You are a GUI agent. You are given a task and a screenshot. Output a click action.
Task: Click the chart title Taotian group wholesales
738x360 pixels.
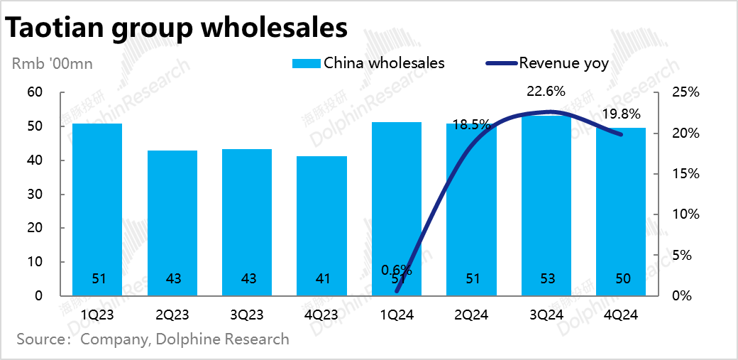(177, 28)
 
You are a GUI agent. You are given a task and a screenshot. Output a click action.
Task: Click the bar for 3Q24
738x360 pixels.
(546, 206)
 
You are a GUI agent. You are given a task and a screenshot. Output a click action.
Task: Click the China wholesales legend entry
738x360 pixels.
(369, 63)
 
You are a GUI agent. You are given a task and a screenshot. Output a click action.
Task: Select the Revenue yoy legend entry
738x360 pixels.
(547, 63)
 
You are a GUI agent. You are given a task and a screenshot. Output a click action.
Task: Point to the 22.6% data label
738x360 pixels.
(546, 91)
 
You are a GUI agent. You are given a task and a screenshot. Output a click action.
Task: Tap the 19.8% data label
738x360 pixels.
(621, 114)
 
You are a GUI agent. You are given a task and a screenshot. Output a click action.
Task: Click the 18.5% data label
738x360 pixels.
(472, 124)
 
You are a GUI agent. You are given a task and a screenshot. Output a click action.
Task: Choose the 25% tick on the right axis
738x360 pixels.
(686, 92)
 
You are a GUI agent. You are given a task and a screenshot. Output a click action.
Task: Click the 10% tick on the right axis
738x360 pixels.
(686, 214)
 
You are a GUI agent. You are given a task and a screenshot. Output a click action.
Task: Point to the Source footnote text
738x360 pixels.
(153, 339)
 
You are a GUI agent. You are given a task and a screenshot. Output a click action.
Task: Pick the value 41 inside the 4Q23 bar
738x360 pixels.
(322, 279)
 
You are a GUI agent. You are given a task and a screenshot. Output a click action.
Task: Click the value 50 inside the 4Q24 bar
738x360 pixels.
(621, 279)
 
